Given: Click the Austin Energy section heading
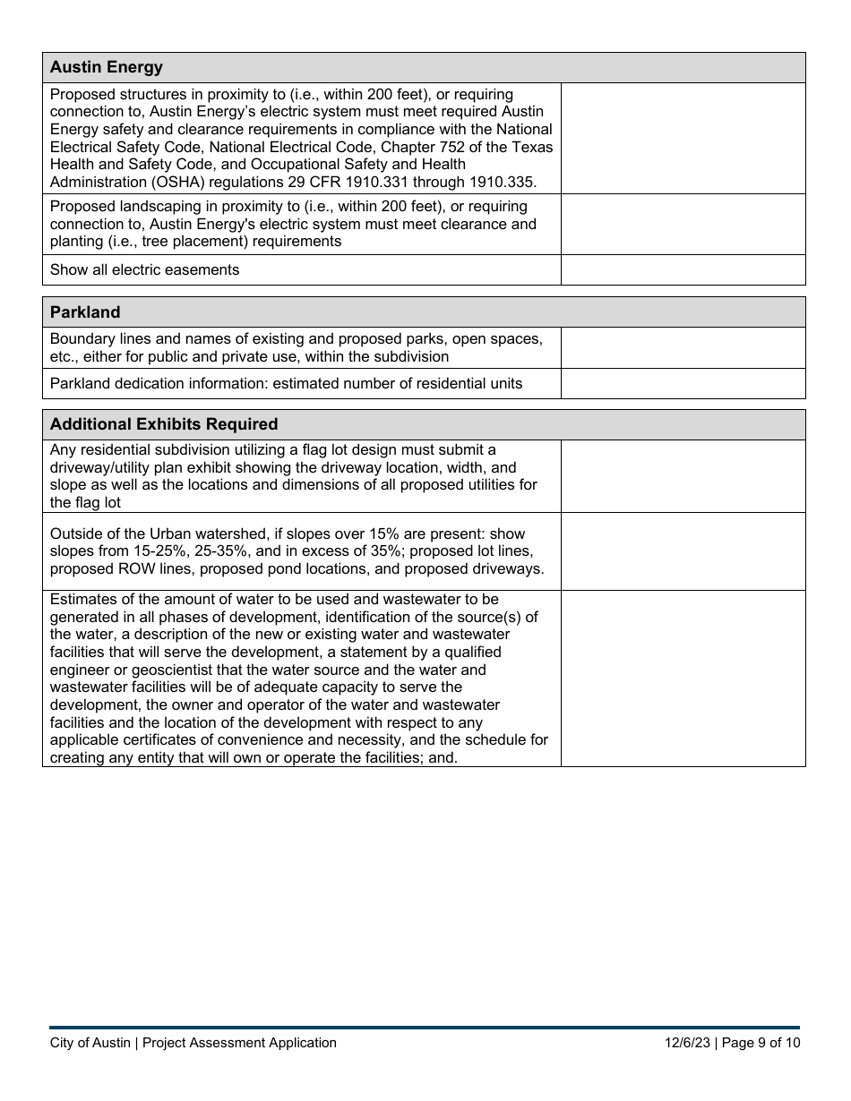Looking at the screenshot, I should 107,67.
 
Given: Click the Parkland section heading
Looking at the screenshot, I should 85,312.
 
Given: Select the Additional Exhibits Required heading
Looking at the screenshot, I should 164,424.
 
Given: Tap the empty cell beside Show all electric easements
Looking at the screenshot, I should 683,270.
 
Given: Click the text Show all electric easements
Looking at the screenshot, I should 144,270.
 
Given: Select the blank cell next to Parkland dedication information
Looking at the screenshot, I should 683,383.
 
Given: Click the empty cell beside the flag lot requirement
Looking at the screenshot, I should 683,476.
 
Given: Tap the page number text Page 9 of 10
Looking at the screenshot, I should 761,1042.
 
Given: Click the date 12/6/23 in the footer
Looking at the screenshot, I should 687,1042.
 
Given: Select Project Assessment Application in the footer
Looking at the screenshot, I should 239,1042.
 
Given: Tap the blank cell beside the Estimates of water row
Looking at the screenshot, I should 683,679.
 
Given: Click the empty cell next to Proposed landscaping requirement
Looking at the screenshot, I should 683,224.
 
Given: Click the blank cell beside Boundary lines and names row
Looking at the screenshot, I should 683,347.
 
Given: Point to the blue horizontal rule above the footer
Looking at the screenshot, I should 425,1027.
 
